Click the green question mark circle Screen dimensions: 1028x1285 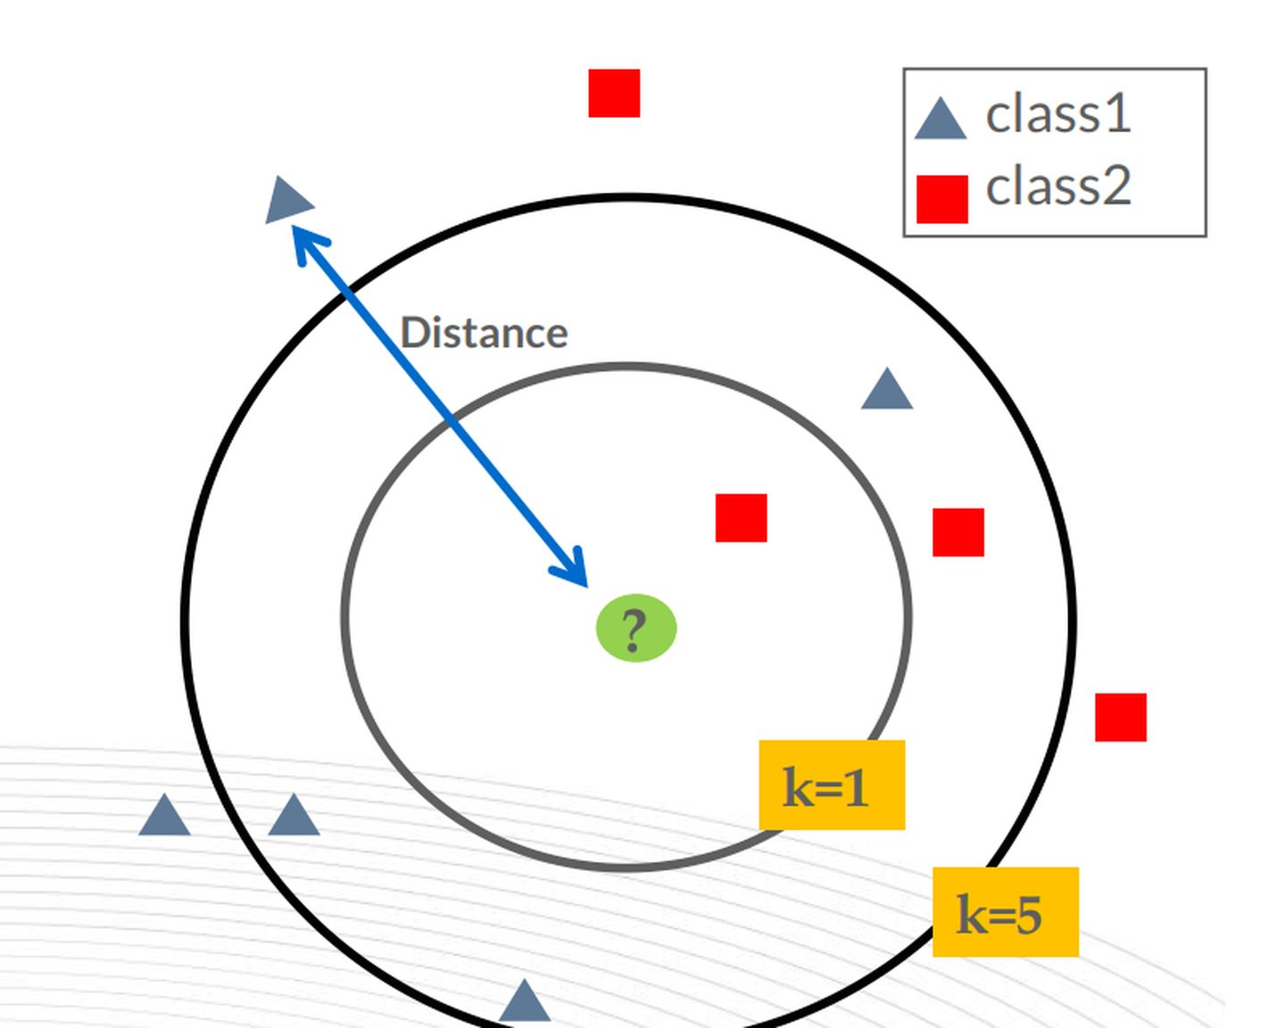[x=635, y=628]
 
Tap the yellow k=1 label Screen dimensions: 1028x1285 [x=832, y=785]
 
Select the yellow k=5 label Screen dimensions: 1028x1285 [x=1005, y=912]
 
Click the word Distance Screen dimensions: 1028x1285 [x=484, y=334]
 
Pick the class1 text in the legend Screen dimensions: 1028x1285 [x=1057, y=114]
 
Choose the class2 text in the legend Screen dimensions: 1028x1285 [x=1057, y=186]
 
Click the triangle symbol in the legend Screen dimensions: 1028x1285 [x=941, y=121]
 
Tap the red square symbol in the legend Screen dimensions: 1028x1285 [x=942, y=198]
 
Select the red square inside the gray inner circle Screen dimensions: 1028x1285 [x=741, y=518]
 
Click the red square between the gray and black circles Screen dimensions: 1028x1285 [x=958, y=533]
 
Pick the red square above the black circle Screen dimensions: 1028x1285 [x=614, y=93]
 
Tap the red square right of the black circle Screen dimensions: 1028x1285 [x=1121, y=717]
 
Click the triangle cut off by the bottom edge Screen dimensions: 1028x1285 [x=525, y=1005]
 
